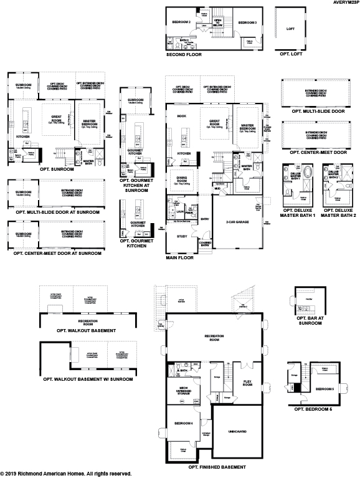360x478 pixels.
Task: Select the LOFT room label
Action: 290,29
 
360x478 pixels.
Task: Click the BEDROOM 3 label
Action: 247,22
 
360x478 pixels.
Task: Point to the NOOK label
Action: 182,116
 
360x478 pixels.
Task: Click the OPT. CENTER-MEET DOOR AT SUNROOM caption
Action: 54,252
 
